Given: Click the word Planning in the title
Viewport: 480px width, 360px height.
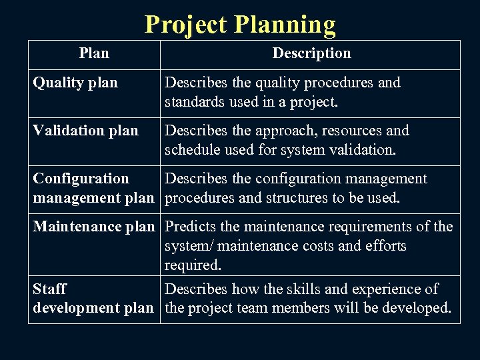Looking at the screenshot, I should (284, 25).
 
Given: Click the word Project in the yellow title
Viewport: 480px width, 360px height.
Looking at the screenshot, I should (186, 25).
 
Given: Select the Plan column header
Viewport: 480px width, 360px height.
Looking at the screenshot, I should (93, 53).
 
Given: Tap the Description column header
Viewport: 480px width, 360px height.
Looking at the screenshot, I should (311, 53).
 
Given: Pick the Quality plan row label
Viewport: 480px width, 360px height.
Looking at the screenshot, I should (75, 83).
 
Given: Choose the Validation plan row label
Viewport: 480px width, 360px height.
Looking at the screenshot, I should (86, 131).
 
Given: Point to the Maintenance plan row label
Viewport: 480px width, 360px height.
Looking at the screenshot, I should (93, 227).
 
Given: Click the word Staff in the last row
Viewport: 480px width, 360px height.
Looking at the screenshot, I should (50, 289).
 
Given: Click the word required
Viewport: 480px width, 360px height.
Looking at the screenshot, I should (193, 265).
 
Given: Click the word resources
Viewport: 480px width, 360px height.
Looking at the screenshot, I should (336, 131).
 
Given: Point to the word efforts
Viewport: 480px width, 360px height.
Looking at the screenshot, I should (383, 246).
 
